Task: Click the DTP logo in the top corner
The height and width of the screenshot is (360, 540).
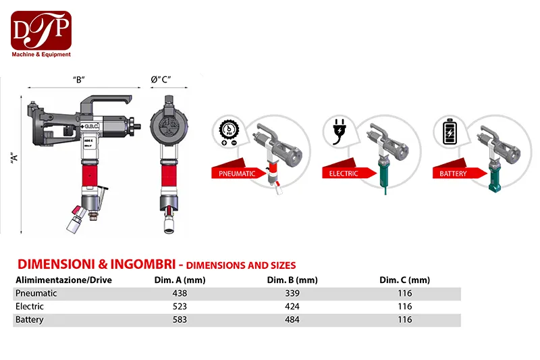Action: (41, 30)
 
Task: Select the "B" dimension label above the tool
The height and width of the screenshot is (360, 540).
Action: (79, 80)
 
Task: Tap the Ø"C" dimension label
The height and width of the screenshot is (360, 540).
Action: (161, 80)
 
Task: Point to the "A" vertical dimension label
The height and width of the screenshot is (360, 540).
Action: (14, 158)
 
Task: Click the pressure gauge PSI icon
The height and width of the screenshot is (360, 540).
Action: (228, 132)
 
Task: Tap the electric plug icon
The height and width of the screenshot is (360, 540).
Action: (340, 132)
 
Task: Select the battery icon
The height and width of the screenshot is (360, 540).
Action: (450, 131)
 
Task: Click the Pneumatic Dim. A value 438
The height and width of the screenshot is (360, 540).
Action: (180, 293)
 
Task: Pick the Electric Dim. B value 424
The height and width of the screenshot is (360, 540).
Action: (292, 306)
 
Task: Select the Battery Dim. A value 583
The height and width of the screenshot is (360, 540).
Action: (180, 319)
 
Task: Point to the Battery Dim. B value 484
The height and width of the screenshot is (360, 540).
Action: (292, 319)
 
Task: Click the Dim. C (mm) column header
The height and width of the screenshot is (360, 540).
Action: (404, 280)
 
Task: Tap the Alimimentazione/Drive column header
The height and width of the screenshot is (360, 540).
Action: (63, 280)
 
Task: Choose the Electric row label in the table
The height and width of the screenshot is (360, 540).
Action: (30, 306)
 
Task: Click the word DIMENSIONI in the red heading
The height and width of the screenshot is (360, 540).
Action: (57, 264)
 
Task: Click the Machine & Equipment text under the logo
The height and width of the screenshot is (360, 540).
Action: (41, 55)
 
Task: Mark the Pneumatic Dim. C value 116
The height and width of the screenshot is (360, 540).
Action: (404, 293)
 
